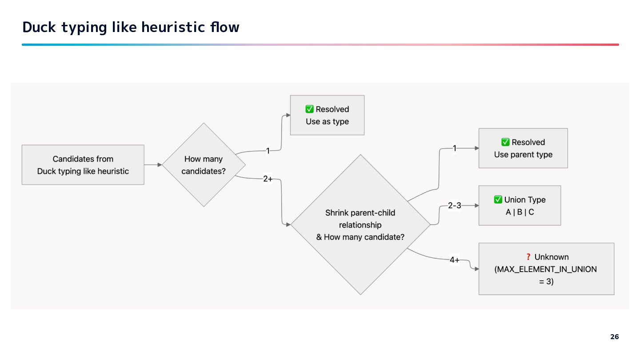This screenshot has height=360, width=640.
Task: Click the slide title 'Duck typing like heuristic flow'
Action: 131,28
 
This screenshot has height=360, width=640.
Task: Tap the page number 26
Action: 614,337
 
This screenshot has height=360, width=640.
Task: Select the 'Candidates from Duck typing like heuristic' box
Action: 83,165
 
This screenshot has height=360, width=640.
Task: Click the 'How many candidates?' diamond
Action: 204,165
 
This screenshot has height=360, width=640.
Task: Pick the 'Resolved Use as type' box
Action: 327,115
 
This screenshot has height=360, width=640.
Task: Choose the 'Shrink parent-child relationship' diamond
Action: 360,224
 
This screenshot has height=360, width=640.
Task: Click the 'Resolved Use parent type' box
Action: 523,148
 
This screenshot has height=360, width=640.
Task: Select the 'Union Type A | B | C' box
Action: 520,206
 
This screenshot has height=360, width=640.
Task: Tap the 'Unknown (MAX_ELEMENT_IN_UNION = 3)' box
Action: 546,269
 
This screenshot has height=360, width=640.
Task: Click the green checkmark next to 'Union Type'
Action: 498,200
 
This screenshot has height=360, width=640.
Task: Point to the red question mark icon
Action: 528,257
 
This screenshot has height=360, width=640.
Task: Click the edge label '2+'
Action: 268,179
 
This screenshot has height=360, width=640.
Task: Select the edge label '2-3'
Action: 454,206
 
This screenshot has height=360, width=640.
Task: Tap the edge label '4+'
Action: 454,260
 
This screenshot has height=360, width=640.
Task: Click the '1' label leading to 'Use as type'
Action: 268,151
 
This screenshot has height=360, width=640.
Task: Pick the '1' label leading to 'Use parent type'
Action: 454,148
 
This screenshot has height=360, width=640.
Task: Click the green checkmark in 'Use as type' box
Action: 310,109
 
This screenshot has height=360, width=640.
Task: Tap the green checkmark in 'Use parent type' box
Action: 505,142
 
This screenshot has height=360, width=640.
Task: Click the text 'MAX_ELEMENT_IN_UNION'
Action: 546,269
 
